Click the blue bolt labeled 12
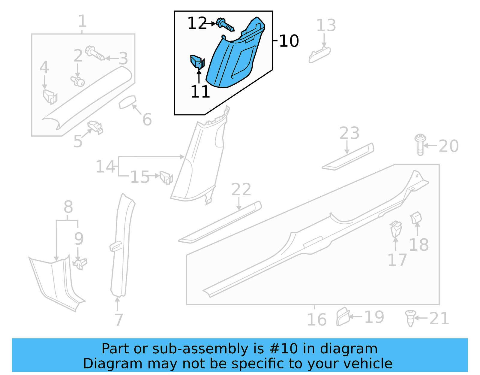[225, 25]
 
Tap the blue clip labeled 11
[197, 62]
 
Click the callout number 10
[289, 41]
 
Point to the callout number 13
[326, 26]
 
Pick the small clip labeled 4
[50, 96]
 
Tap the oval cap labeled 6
[128, 102]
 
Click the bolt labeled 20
[420, 144]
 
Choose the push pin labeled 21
[410, 318]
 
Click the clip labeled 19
[343, 317]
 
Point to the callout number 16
[316, 319]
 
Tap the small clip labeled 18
[416, 218]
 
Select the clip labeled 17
[396, 230]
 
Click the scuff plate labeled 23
[348, 157]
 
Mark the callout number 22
[241, 189]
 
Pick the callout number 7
[119, 320]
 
